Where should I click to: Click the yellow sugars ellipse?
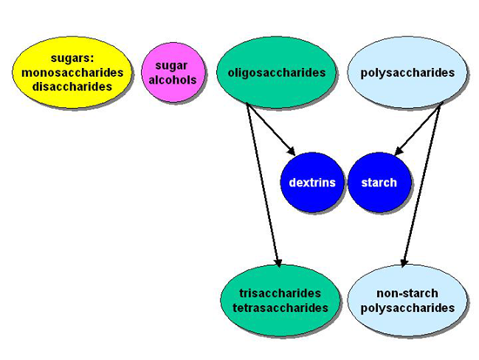click(x=72, y=72)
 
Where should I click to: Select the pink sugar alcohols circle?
click(x=172, y=72)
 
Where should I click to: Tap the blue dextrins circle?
click(x=312, y=182)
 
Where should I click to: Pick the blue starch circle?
click(x=379, y=182)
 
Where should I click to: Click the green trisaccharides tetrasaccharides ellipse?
click(x=280, y=301)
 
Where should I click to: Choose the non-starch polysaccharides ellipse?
click(x=408, y=301)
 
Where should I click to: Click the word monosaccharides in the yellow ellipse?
click(x=72, y=73)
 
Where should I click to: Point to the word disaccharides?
click(x=72, y=87)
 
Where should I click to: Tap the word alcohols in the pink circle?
click(x=172, y=80)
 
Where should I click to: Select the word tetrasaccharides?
click(x=280, y=308)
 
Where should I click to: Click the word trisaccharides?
click(x=280, y=294)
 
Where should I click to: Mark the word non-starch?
click(x=408, y=294)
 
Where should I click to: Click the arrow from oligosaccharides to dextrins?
click(x=271, y=130)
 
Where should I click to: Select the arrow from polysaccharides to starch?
click(x=419, y=128)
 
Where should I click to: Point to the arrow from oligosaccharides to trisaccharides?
click(x=263, y=186)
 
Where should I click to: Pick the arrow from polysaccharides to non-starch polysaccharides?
click(x=422, y=185)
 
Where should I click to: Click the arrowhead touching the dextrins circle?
click(x=291, y=152)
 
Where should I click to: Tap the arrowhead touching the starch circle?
click(x=399, y=151)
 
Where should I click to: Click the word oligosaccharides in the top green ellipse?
click(x=276, y=73)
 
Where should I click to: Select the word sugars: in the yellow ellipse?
click(x=72, y=58)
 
